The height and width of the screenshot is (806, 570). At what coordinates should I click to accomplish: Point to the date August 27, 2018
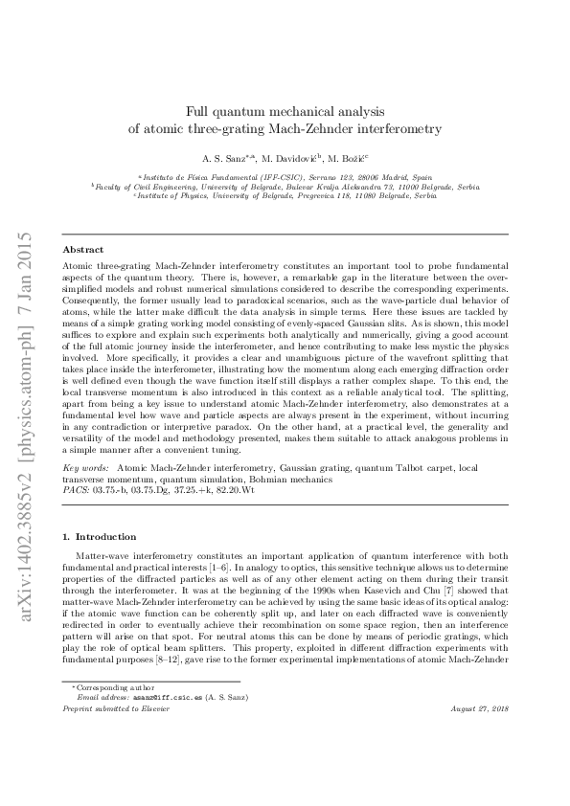point(478,734)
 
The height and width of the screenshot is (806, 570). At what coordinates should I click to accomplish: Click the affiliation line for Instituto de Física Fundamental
point(285,177)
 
